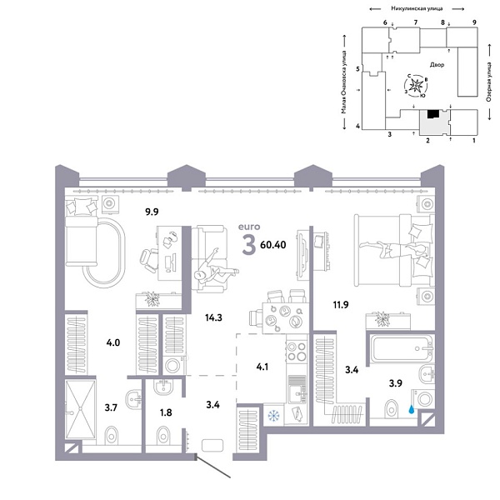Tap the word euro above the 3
(x=249, y=226)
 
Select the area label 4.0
(x=112, y=342)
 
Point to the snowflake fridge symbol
(x=273, y=413)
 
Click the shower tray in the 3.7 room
(x=82, y=408)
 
